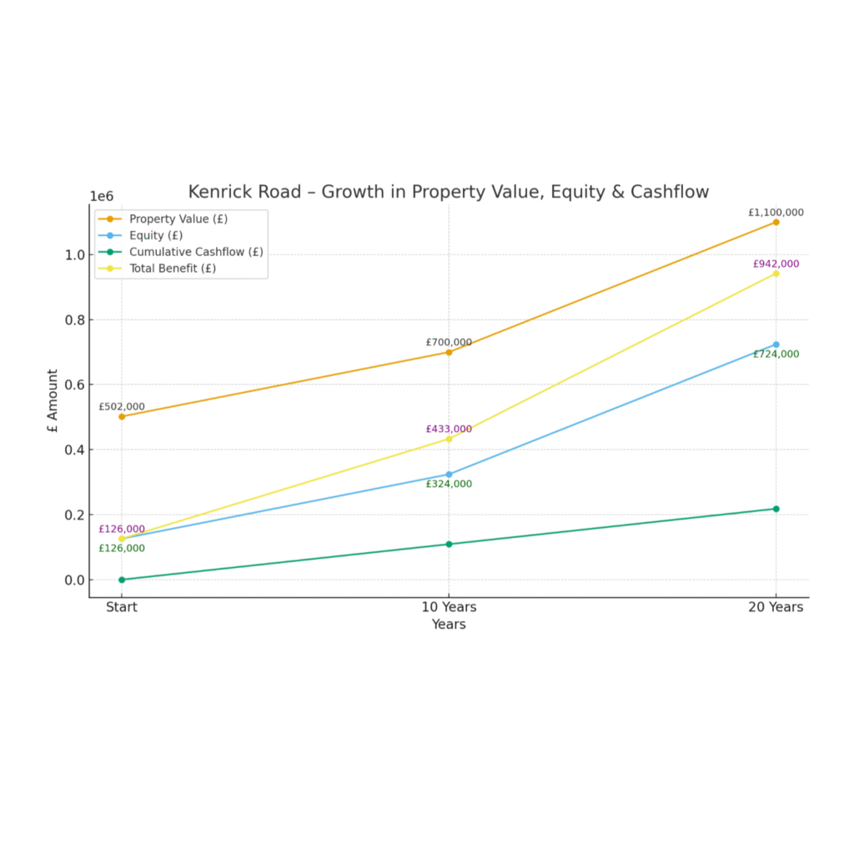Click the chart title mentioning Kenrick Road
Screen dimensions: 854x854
click(448, 192)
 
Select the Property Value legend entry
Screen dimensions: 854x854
click(178, 219)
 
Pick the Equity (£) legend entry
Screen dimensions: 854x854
click(155, 235)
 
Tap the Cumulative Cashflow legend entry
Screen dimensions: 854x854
click(195, 251)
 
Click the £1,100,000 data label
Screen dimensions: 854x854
click(776, 213)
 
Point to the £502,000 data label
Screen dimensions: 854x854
click(122, 407)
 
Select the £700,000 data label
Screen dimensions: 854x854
click(449, 342)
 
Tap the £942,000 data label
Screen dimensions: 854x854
click(776, 264)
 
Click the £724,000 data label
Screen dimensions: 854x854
click(776, 354)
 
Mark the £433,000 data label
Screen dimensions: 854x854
click(449, 430)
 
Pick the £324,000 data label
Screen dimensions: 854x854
click(449, 484)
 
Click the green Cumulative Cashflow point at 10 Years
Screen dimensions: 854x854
click(449, 544)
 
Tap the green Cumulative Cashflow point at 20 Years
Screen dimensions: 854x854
click(776, 509)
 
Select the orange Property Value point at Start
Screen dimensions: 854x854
click(122, 416)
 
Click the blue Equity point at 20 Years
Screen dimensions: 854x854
click(776, 344)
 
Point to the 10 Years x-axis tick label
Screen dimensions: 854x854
click(449, 607)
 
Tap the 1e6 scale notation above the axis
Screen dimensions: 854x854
click(102, 196)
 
